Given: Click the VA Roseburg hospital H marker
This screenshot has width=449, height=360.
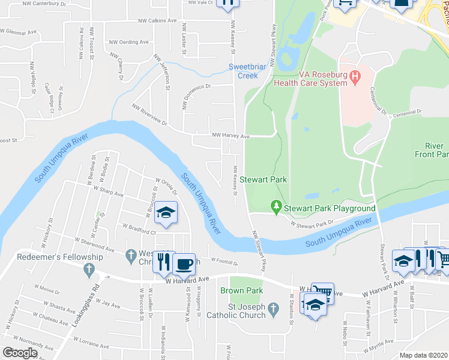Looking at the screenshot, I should point(355,77).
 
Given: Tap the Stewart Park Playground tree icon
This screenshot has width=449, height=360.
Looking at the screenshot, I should point(276,208).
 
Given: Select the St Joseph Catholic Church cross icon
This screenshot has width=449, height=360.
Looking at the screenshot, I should point(274,310).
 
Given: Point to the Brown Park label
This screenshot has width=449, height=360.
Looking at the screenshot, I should point(242,290).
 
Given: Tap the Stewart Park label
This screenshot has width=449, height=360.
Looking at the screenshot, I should point(263,179).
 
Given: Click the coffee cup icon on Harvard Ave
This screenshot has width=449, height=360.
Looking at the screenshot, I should point(184,264).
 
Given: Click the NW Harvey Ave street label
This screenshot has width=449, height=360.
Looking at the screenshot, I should point(231,136).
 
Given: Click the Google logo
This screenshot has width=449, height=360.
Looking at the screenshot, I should point(19,353).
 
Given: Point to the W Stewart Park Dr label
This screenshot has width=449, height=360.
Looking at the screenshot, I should point(312,224).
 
